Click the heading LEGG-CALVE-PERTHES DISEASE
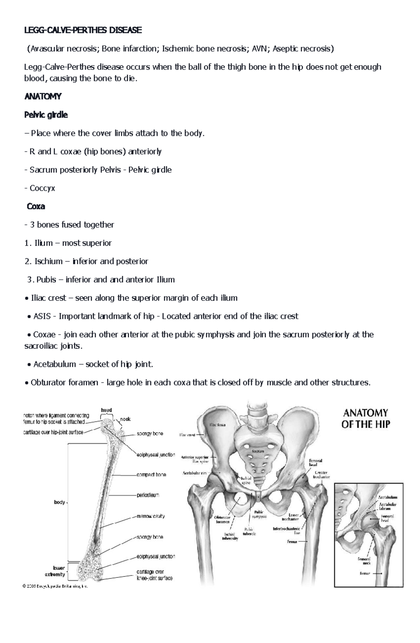(x=83, y=30)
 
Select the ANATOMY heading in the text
(x=43, y=96)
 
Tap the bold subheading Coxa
(x=36, y=206)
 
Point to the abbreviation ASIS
(x=42, y=316)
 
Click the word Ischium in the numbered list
(x=48, y=261)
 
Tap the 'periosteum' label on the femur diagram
(x=148, y=495)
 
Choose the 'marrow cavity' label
(x=150, y=516)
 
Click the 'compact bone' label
(x=151, y=475)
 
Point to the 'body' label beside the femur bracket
(x=59, y=502)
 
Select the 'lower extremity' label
(x=55, y=572)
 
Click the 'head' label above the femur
(x=106, y=410)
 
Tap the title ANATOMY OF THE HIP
(x=365, y=418)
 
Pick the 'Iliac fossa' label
(x=218, y=425)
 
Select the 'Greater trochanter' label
(x=321, y=475)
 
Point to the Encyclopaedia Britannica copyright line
(x=54, y=586)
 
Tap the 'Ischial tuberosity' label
(x=230, y=536)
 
